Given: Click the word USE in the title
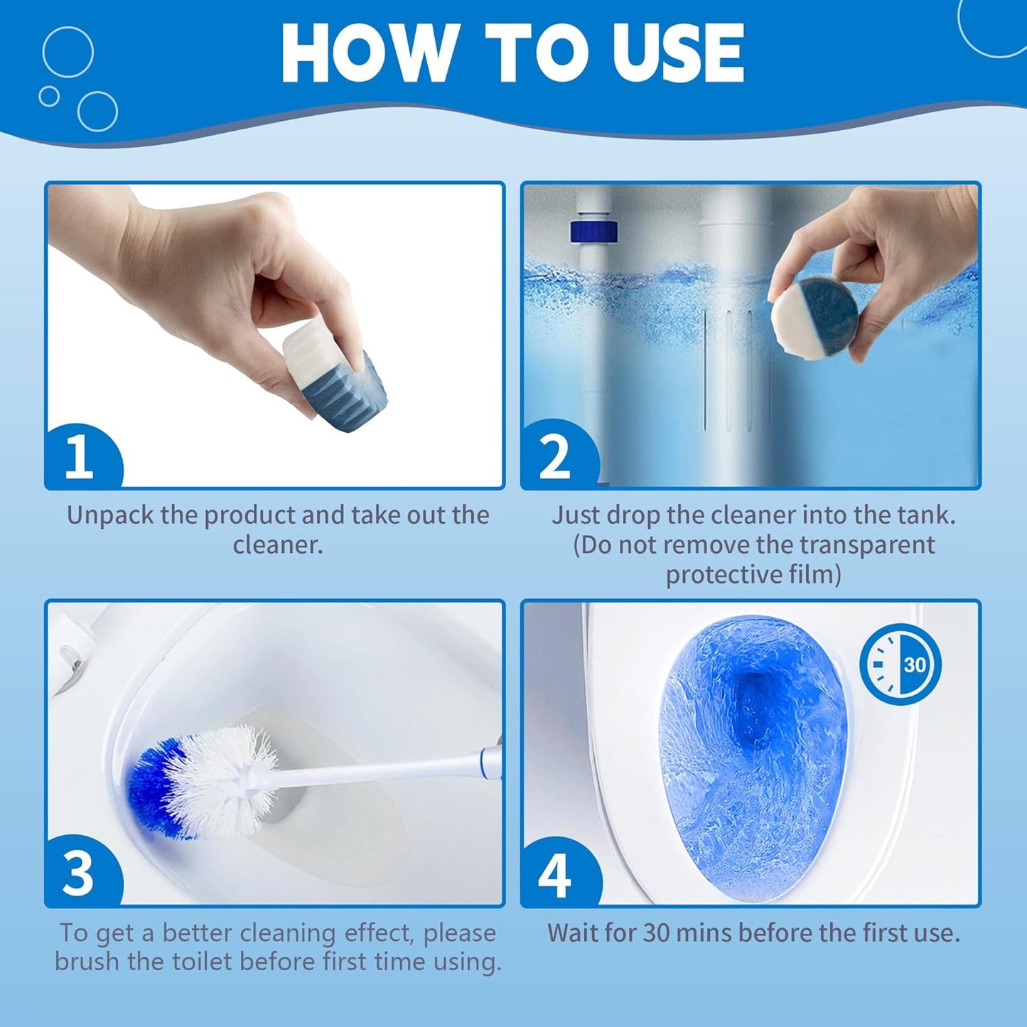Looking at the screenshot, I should pyautogui.click(x=678, y=54).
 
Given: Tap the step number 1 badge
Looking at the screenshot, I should pyautogui.click(x=80, y=456).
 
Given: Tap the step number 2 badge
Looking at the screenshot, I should pyautogui.click(x=555, y=456).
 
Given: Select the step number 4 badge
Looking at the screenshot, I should pyautogui.click(x=554, y=874).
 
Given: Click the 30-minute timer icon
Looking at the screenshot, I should pyautogui.click(x=900, y=665).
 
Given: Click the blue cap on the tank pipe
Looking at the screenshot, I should pyautogui.click(x=593, y=231).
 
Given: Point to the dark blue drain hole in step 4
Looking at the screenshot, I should pyautogui.click(x=753, y=704).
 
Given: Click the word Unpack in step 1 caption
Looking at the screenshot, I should pyautogui.click(x=110, y=515).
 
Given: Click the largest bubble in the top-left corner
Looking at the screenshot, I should pyautogui.click(x=68, y=52).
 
